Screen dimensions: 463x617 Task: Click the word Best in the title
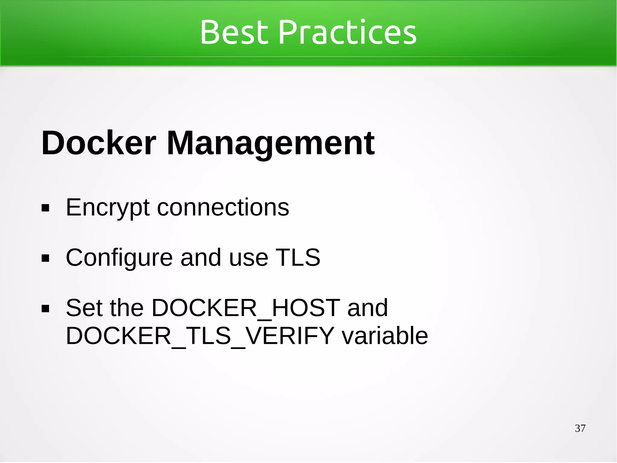click(234, 32)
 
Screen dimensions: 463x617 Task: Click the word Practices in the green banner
click(349, 32)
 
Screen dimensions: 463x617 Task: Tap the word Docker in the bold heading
click(99, 143)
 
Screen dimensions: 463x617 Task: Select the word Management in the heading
click(270, 144)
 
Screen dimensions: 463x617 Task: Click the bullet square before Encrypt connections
click(45, 208)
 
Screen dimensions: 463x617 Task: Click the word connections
click(223, 208)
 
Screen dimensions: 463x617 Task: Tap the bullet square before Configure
click(45, 258)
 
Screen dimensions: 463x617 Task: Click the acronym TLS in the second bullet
click(298, 258)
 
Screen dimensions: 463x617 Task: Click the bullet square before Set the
click(45, 309)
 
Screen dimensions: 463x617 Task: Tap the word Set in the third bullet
click(84, 308)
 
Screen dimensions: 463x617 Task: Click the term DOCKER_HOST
click(246, 308)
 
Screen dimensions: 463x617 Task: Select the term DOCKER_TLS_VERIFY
click(200, 336)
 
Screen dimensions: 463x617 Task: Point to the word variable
click(385, 336)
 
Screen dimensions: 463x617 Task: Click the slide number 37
click(580, 428)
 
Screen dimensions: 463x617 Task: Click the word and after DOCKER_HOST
click(367, 308)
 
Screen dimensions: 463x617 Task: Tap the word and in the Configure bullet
click(201, 258)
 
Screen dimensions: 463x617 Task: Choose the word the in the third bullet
click(127, 308)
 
